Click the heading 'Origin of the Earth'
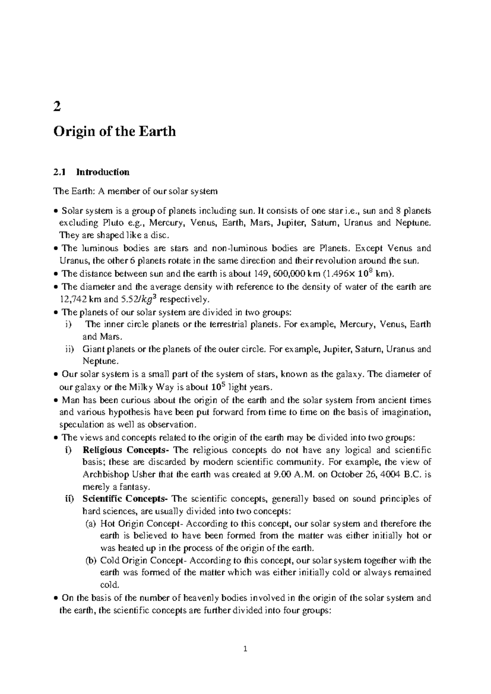click(115, 132)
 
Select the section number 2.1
click(59, 172)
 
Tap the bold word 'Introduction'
click(103, 172)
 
